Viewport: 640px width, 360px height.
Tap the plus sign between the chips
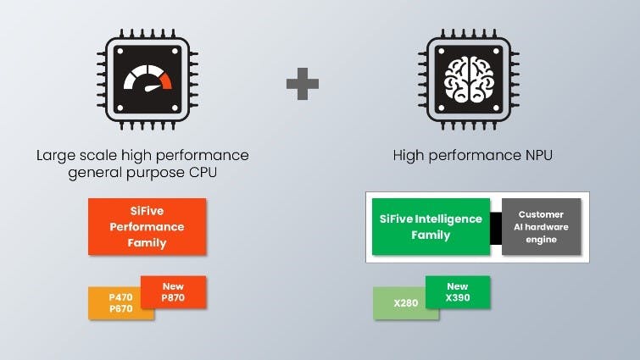point(302,85)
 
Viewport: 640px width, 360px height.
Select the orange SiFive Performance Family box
point(147,227)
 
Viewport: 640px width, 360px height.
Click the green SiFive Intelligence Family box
point(431,226)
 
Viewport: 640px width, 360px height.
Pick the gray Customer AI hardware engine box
point(541,226)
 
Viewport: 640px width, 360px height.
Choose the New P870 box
point(174,292)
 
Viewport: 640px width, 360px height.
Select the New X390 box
point(458,292)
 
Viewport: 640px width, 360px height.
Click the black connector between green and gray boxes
point(497,226)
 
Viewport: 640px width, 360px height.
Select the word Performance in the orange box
point(147,227)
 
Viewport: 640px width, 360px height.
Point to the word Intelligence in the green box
point(446,219)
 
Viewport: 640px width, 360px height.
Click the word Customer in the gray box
point(541,214)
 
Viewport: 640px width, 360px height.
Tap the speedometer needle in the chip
point(151,87)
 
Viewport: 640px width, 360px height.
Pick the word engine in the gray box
point(541,239)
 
